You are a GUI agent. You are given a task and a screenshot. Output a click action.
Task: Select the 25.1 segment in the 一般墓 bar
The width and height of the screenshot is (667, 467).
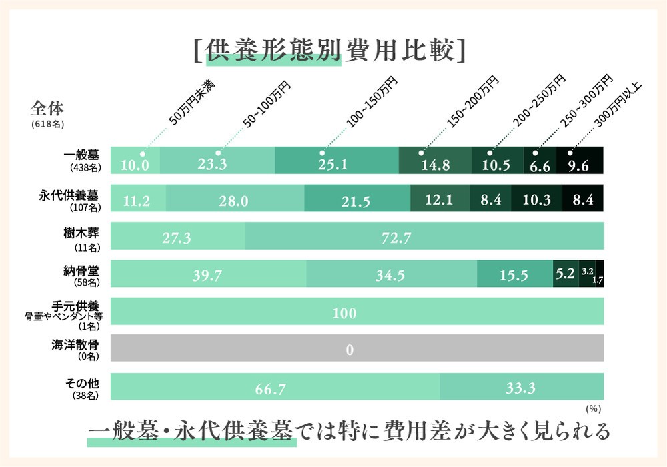pos(336,161)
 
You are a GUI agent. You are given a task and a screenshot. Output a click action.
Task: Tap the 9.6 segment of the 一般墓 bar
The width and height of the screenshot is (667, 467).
pos(579,161)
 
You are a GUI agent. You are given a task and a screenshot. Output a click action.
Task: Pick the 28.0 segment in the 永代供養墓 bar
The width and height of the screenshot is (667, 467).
pos(235,199)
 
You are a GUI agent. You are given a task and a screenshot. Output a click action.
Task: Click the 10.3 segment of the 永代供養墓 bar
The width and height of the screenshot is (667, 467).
pos(537,199)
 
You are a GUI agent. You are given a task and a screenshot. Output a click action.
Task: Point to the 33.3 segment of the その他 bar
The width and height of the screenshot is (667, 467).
pos(522,388)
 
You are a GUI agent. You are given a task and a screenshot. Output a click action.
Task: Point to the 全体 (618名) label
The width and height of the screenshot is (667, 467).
pos(47,114)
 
